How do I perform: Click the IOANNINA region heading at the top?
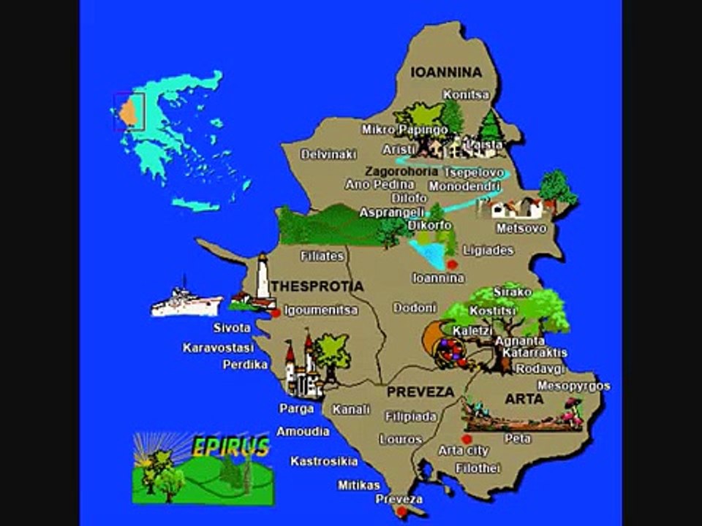pos(446,72)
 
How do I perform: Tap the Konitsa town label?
pos(467,95)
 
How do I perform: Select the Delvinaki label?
pos(329,155)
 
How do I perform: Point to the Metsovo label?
pos(521,229)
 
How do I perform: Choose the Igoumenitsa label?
pos(321,310)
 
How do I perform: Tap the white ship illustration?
pos(186,302)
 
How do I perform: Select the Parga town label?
pos(297,408)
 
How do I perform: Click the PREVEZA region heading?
pos(420,392)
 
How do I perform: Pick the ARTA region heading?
pos(524,400)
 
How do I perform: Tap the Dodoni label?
pos(415,308)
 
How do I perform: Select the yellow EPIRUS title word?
pos(232,447)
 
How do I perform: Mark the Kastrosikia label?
pos(324,461)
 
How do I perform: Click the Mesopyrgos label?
pos(574,386)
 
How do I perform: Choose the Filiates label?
pos(322,256)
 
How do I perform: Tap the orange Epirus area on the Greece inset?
pos(128,112)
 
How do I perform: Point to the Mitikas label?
pos(359,484)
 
